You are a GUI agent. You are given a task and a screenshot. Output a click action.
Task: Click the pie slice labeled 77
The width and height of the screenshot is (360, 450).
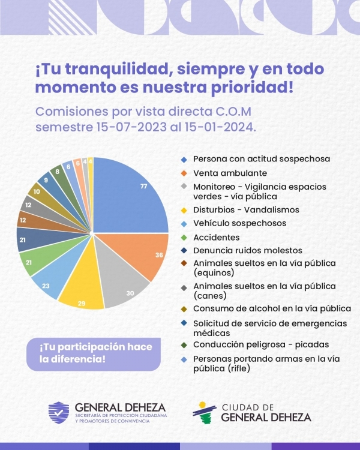point(129,198)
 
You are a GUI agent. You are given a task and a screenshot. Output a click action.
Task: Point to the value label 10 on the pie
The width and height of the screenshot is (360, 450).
point(37,191)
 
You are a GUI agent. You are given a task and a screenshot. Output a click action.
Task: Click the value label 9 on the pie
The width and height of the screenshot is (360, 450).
point(46,180)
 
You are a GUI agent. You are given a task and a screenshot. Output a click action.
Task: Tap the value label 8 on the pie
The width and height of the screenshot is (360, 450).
point(58,172)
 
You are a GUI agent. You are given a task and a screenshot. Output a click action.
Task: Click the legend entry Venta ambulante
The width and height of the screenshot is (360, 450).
point(230,173)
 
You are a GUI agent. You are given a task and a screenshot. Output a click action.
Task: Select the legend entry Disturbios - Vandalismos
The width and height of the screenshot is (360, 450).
point(246,210)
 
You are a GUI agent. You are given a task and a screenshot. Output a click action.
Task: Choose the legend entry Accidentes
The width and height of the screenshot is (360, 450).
point(216,238)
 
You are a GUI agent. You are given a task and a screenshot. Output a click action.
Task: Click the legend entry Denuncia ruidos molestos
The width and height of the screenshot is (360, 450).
point(247,250)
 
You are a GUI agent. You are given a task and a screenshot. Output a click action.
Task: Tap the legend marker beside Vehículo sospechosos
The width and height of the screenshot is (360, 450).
point(184,224)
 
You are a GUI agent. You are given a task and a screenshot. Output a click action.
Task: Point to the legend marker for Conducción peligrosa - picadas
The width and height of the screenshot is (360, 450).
point(184,345)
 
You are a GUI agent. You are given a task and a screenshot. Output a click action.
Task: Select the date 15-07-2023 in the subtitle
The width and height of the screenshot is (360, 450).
point(131,127)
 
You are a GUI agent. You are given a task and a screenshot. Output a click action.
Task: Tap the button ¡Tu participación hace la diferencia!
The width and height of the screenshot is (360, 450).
point(94,355)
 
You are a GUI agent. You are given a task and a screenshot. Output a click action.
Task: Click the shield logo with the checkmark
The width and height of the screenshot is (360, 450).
point(59,413)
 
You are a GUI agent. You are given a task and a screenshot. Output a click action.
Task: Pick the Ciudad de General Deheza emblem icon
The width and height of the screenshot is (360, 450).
point(204,413)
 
